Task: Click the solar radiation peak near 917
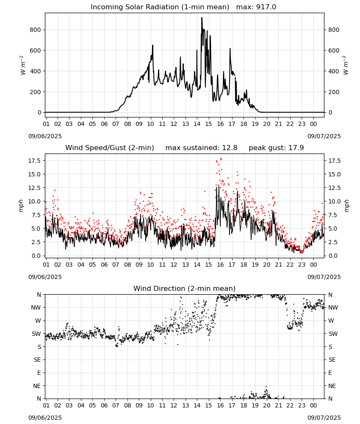(x=202, y=18)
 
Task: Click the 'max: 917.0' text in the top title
(x=256, y=7)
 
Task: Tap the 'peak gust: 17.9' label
(x=276, y=148)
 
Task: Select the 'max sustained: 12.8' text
(x=201, y=148)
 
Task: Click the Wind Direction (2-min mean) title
(x=185, y=288)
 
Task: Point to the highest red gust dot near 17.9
(x=221, y=159)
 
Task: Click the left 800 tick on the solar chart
(x=36, y=30)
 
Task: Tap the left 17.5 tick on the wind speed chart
(x=35, y=161)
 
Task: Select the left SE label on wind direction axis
(x=38, y=360)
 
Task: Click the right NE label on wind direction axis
(x=332, y=386)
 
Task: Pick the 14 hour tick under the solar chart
(x=197, y=124)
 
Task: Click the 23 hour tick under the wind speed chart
(x=302, y=265)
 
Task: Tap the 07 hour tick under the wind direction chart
(x=116, y=405)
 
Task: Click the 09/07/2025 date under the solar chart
(x=324, y=136)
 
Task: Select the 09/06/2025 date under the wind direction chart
(x=45, y=418)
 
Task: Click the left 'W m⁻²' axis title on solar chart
(x=23, y=65)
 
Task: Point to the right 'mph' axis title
(x=346, y=206)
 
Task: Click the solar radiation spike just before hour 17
(x=230, y=49)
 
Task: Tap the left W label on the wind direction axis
(x=39, y=321)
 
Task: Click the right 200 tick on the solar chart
(x=334, y=92)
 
